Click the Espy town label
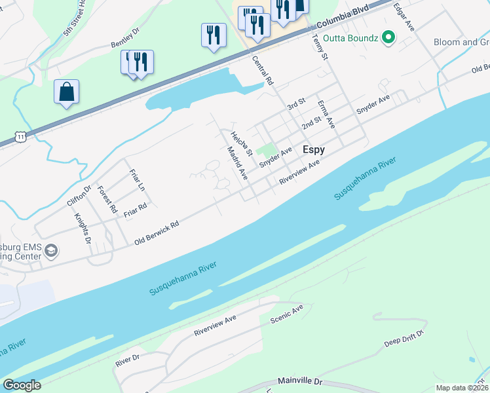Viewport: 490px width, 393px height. tap(314, 150)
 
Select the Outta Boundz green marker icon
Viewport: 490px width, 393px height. tap(388, 37)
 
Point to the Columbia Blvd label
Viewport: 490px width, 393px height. tap(343, 20)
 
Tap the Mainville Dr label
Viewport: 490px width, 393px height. tap(301, 380)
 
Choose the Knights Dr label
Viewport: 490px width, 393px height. tap(83, 229)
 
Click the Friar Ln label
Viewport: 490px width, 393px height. tap(137, 179)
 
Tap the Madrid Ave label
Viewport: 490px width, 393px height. tap(236, 164)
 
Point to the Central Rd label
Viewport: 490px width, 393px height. tap(262, 71)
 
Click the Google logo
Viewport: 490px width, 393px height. tap(22, 385)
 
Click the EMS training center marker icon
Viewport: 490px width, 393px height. tap(51, 250)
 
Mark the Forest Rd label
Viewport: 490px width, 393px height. tap(107, 200)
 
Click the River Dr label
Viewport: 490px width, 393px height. tap(127, 360)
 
